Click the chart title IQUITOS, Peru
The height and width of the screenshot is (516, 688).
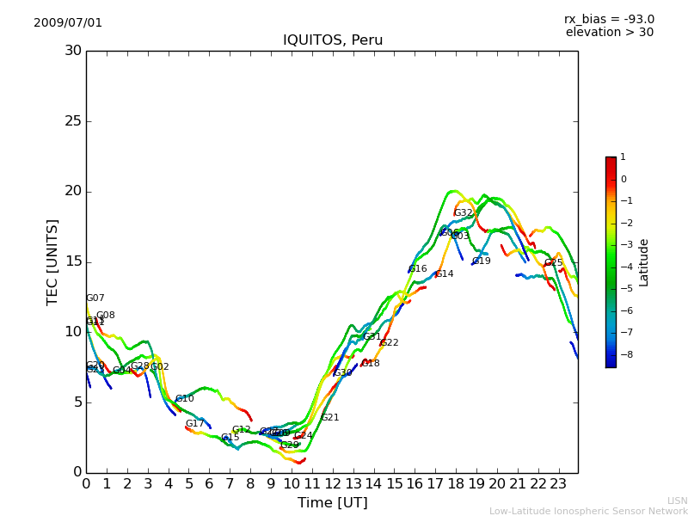point(333,40)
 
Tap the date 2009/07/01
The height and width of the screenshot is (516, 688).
point(68,23)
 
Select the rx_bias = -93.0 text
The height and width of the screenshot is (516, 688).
point(609,20)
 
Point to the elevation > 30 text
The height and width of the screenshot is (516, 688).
point(609,33)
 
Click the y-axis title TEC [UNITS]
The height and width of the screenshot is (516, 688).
point(52,261)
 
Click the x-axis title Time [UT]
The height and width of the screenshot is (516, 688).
point(332,503)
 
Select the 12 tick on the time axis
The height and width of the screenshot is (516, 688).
point(332,483)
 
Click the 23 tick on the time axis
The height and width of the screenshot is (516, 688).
point(557,483)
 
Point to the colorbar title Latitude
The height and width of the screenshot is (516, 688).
point(644,262)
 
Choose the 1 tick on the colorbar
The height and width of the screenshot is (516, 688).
point(623,157)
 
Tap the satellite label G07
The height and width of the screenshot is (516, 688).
point(95,298)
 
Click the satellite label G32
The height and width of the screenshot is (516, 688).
point(464,212)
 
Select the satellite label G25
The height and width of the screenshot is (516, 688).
point(553,263)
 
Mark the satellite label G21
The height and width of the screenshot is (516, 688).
point(329,418)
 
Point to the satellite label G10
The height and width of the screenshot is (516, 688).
point(184,399)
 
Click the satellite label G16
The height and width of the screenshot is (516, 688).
point(417,269)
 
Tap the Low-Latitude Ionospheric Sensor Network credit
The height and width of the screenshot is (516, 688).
point(588,512)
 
